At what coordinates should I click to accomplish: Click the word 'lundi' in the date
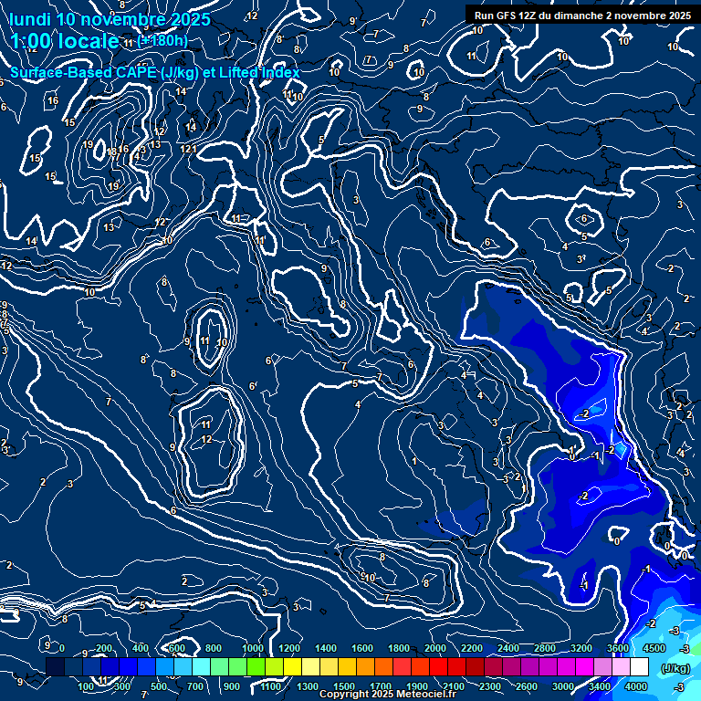(x=32, y=19)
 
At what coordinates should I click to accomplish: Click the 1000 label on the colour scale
(x=253, y=649)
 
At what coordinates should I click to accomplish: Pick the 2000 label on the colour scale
(x=435, y=649)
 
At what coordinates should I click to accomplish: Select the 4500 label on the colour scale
(x=654, y=649)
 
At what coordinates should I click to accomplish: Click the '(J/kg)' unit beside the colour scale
(x=675, y=667)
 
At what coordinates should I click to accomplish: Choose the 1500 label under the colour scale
(x=344, y=686)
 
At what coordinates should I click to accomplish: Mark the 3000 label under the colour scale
(x=563, y=686)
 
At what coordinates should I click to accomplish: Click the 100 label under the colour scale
(x=87, y=686)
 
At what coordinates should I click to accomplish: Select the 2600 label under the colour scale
(x=527, y=686)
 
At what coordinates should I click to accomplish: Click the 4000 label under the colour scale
(x=636, y=686)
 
